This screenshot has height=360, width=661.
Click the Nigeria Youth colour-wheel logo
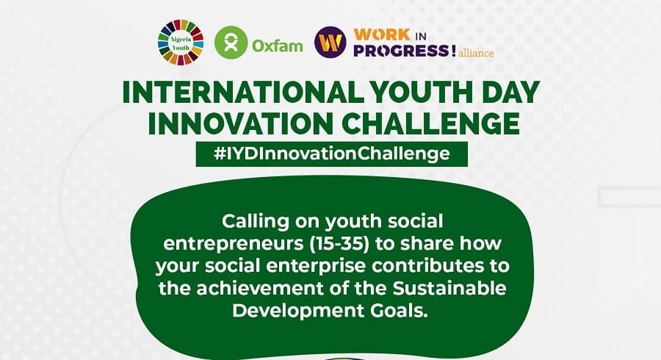(x=181, y=43)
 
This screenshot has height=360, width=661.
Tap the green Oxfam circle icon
(x=231, y=42)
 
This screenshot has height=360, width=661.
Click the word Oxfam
(x=278, y=45)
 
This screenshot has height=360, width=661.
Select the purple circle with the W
(x=330, y=42)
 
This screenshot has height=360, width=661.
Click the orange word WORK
(x=382, y=35)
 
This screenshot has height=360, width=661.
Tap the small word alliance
(x=476, y=53)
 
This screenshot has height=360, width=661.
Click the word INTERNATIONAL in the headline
(x=243, y=92)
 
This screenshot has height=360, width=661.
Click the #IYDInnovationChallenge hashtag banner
(x=332, y=154)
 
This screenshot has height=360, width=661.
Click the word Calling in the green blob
(x=256, y=222)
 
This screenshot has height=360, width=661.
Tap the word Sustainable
(x=449, y=288)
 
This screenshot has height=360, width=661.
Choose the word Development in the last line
(x=298, y=311)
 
